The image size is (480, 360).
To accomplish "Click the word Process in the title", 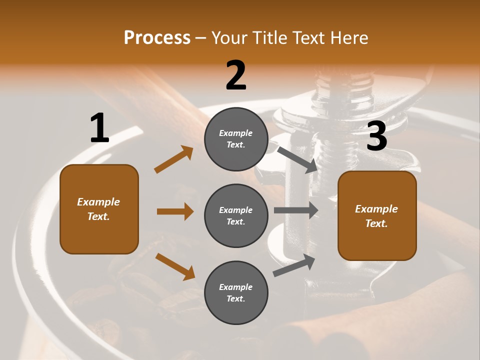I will click(x=157, y=38).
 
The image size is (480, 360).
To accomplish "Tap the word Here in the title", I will click(x=347, y=38).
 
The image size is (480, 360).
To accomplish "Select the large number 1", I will click(x=99, y=128).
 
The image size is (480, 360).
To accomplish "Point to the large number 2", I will click(x=236, y=75).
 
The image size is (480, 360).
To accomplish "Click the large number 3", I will click(x=376, y=136).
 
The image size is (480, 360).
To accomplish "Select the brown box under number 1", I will click(x=99, y=209).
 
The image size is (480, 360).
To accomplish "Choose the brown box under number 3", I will click(x=377, y=216).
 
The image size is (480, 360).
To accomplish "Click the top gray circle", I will click(x=236, y=139).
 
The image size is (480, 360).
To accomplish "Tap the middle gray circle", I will click(x=236, y=216).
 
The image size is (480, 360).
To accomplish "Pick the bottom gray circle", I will click(x=236, y=293).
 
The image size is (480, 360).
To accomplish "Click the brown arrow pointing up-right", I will click(x=173, y=159).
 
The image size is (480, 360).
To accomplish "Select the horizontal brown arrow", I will click(x=175, y=211).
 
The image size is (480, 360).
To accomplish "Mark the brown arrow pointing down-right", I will click(x=175, y=266).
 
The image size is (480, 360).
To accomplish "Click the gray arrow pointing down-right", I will click(x=297, y=159).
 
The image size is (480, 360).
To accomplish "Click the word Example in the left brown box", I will click(x=98, y=202).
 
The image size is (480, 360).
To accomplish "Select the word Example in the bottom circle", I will click(x=236, y=287).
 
